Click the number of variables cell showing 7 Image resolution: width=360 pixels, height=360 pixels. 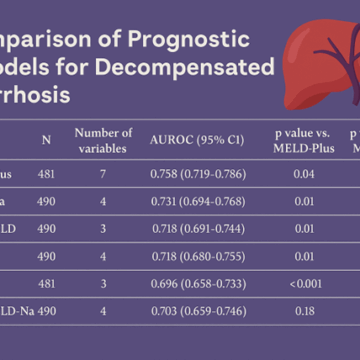click(103, 174)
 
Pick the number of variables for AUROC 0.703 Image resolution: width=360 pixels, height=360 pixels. click(103, 311)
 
